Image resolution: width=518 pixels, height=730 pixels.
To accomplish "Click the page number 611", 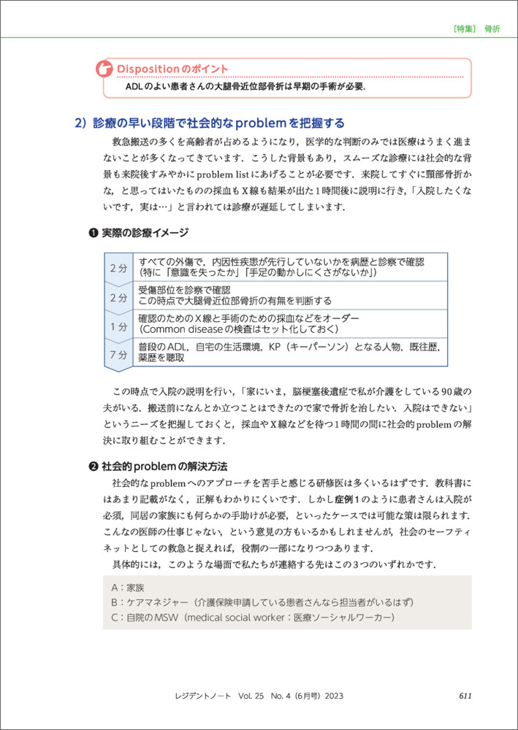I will pos(464,695).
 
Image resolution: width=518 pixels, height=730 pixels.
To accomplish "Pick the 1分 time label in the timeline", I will pos(118,325).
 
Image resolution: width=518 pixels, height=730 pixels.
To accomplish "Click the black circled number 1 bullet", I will pos(92,233).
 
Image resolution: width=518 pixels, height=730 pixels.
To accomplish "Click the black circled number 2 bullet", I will pos(92,466).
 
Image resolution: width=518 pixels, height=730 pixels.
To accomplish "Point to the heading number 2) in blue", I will pos(81,123).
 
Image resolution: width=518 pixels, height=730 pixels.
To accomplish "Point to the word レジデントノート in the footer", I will pos(203,695).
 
